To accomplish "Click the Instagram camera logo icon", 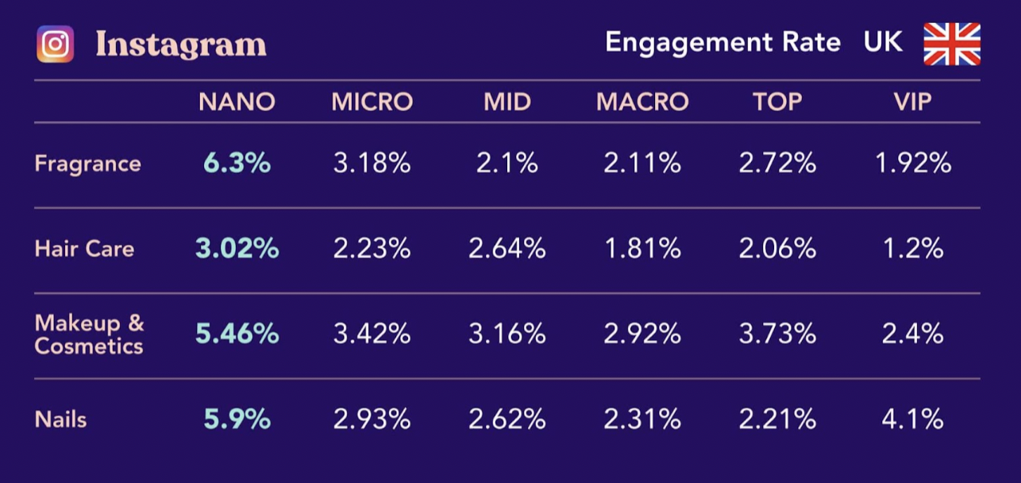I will pyautogui.click(x=55, y=44).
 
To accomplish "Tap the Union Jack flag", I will pyautogui.click(x=951, y=44).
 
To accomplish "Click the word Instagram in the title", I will pyautogui.click(x=181, y=44).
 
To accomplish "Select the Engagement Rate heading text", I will pyautogui.click(x=722, y=42).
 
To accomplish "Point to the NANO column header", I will pyautogui.click(x=237, y=102).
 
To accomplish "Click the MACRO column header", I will pyautogui.click(x=642, y=102).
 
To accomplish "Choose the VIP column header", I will pyautogui.click(x=912, y=102).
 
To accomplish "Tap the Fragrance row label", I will pyautogui.click(x=87, y=164).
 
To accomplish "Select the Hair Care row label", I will pyautogui.click(x=84, y=249).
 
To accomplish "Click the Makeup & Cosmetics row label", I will pyautogui.click(x=89, y=334).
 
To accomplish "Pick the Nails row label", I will pyautogui.click(x=60, y=419).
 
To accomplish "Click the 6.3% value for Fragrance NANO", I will pyautogui.click(x=237, y=164).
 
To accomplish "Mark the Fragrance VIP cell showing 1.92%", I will pyautogui.click(x=912, y=164).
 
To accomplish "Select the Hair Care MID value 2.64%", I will pyautogui.click(x=507, y=249).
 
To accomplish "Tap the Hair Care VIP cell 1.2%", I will pyautogui.click(x=912, y=249).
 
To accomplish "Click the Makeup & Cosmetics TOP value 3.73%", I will pyautogui.click(x=777, y=334).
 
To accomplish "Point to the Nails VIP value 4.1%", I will pyautogui.click(x=912, y=419).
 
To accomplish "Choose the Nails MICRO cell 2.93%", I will pyautogui.click(x=372, y=419).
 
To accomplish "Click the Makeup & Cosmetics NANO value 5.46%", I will pyautogui.click(x=237, y=334).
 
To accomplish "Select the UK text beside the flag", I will pyautogui.click(x=883, y=42).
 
